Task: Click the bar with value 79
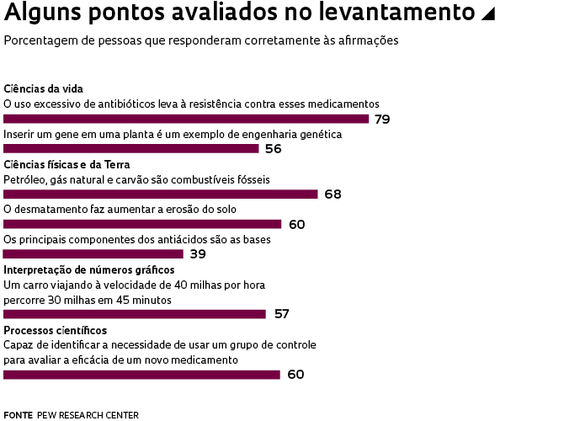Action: tap(186, 119)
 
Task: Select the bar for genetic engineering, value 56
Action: tap(131, 149)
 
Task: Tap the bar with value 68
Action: tap(161, 194)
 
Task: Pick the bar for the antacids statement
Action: tap(93, 254)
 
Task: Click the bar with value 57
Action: tap(135, 314)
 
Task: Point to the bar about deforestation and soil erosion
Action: tap(142, 224)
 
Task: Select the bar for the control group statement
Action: tap(141, 375)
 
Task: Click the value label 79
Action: tap(382, 120)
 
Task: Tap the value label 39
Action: tap(198, 254)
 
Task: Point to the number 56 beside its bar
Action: tap(273, 149)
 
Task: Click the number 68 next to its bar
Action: tap(333, 195)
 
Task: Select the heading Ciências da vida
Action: tap(43, 89)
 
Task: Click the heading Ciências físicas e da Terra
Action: tap(67, 164)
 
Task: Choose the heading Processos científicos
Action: tap(55, 330)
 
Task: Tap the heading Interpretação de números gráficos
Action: tap(88, 270)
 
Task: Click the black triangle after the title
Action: tap(486, 14)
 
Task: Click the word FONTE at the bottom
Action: tap(18, 415)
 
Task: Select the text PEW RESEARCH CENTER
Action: tap(88, 415)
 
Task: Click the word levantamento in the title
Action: tap(401, 13)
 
